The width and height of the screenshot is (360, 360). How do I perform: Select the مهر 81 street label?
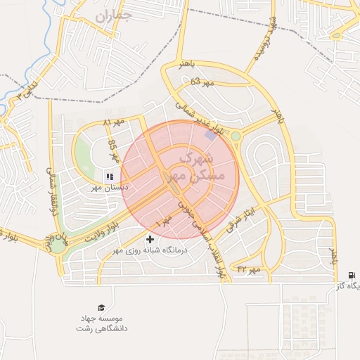coord(112,124)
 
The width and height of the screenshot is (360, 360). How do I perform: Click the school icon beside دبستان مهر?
coord(110,176)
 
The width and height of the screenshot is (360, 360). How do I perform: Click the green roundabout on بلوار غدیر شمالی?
coord(236,136)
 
